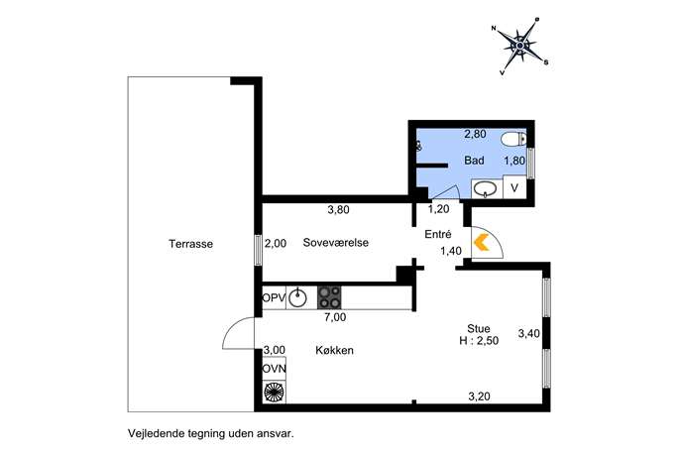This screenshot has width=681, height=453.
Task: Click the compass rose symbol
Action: (x=519, y=46)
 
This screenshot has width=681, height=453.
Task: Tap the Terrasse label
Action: (x=191, y=244)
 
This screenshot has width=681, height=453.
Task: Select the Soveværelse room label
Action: (x=336, y=242)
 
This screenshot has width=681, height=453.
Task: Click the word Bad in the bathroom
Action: (x=474, y=161)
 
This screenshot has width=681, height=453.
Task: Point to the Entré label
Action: (x=438, y=234)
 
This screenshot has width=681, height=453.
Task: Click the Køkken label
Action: (x=334, y=350)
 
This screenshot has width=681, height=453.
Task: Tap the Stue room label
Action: (x=479, y=328)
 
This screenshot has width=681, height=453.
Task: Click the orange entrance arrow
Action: (x=481, y=242)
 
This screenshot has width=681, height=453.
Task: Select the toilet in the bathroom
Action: (x=513, y=140)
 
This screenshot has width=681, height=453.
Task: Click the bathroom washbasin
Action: (x=485, y=189)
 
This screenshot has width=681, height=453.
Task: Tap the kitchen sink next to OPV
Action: (x=298, y=297)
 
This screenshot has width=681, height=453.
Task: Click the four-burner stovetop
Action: (x=329, y=297)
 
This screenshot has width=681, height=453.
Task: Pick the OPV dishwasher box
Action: (x=274, y=298)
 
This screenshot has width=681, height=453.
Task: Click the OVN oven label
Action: (x=274, y=369)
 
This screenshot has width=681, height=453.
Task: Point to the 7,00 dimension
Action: (x=335, y=317)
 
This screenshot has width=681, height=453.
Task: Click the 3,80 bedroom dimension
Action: (x=338, y=210)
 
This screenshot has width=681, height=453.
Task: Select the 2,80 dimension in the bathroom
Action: (x=475, y=134)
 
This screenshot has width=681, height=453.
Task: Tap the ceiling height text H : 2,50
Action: (x=479, y=341)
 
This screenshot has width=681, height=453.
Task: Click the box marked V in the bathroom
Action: (x=514, y=187)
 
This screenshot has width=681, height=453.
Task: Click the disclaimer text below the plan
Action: (x=210, y=433)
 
